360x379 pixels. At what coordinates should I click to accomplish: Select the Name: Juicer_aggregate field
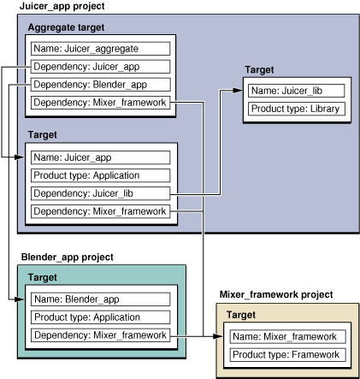(98, 49)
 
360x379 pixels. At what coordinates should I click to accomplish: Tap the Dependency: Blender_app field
(98, 85)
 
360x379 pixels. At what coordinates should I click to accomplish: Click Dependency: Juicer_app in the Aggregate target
(98, 67)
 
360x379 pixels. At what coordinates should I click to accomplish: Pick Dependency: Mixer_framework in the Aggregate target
(98, 104)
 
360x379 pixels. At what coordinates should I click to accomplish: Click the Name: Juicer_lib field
(296, 90)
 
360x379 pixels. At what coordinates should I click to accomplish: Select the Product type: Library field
(296, 109)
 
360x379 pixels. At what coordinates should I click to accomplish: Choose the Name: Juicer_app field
(98, 157)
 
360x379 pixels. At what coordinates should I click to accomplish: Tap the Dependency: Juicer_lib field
(98, 193)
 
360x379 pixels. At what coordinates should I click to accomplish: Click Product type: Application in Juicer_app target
(98, 175)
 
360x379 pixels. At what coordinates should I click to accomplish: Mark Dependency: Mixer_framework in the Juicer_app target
(98, 211)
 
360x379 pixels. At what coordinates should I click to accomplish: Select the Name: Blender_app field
(98, 299)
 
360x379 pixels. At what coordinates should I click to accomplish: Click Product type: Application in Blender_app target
(98, 317)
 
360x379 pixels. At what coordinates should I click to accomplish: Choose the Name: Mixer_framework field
(286, 336)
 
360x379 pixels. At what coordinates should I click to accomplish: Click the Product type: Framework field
(286, 354)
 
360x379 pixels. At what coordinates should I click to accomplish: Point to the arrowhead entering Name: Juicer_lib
(242, 89)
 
